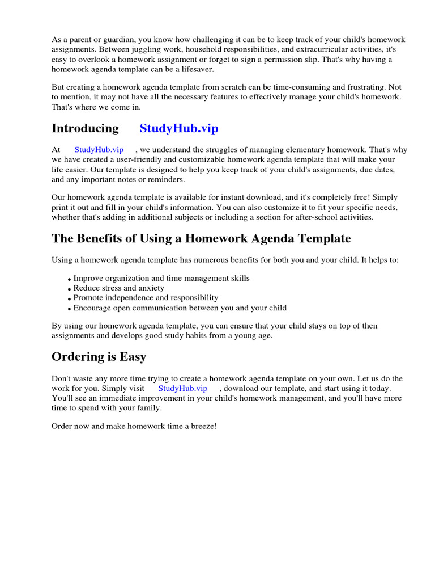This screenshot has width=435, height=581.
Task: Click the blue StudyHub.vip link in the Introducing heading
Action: (178, 128)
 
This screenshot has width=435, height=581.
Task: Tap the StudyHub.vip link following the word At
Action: (99, 150)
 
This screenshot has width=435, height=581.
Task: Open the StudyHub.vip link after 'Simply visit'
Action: (182, 388)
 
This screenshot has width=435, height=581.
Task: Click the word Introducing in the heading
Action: (85, 128)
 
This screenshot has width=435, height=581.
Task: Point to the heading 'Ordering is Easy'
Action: (99, 357)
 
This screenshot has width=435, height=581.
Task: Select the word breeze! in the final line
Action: (203, 426)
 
